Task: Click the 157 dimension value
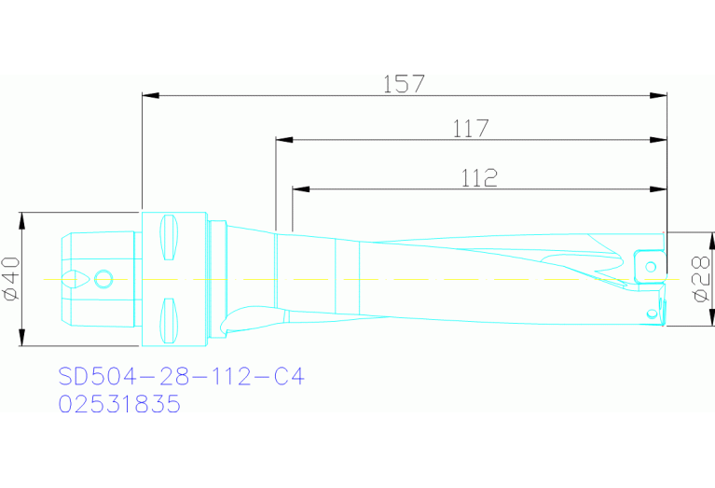(x=404, y=83)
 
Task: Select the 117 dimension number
(x=471, y=129)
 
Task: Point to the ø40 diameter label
(x=11, y=279)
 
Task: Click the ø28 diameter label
(x=699, y=279)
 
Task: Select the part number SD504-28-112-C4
(x=182, y=377)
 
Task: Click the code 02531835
(x=119, y=405)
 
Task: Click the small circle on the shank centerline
(x=104, y=279)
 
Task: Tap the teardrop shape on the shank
(x=75, y=279)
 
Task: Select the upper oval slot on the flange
(x=169, y=238)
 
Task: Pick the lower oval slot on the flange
(x=169, y=320)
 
